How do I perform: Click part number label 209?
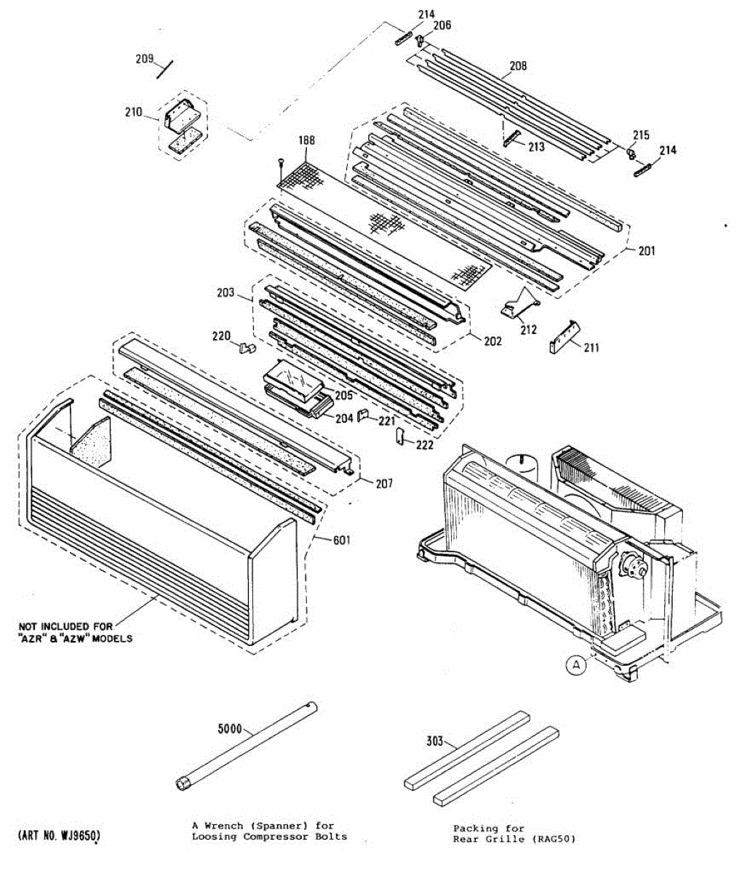tap(145, 59)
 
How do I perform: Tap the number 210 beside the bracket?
tap(133, 112)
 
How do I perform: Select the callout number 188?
tap(306, 140)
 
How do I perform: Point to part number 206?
tap(442, 25)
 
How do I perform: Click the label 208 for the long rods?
tap(518, 66)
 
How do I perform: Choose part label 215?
tap(641, 135)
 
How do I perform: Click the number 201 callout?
tap(647, 251)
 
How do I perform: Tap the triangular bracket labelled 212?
tap(522, 302)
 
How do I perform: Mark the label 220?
tap(221, 336)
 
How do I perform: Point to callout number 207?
tap(383, 483)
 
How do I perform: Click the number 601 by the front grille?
tap(341, 540)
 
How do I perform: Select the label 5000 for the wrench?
tap(230, 728)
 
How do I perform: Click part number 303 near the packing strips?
tap(434, 741)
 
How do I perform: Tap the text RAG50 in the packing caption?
tap(555, 839)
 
